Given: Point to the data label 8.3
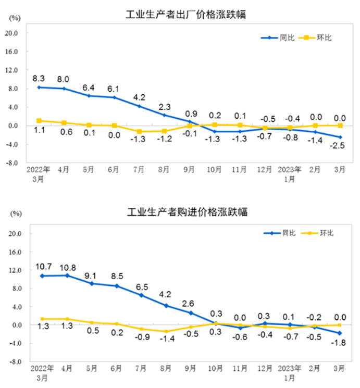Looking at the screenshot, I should click(x=39, y=79).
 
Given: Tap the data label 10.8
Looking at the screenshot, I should click(x=67, y=268).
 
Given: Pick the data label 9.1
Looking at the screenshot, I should click(x=91, y=276).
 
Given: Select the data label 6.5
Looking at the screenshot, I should click(x=141, y=287).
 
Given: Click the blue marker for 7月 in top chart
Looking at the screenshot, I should click(x=139, y=106).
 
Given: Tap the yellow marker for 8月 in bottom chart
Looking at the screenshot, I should click(x=166, y=331).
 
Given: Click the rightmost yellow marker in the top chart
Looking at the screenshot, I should click(x=340, y=126).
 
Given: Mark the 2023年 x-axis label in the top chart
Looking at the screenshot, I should click(x=291, y=169).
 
